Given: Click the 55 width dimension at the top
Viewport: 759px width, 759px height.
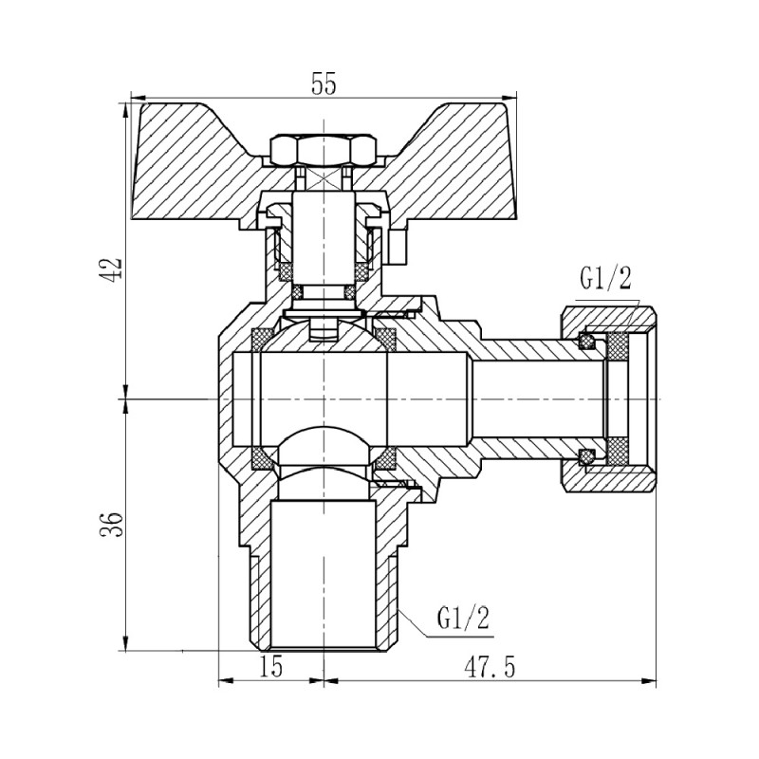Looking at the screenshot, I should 324,83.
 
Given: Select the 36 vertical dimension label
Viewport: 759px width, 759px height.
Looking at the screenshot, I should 114,524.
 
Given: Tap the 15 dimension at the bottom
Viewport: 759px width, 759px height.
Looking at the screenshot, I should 270,668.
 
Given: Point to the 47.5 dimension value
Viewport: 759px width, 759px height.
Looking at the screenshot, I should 490,668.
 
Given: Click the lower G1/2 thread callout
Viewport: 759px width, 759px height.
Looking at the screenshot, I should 464,619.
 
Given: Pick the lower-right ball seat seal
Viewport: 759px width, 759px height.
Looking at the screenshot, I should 384,462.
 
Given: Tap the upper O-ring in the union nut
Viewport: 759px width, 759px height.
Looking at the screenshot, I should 589,340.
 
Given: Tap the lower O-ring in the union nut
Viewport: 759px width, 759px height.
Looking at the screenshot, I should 589,457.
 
